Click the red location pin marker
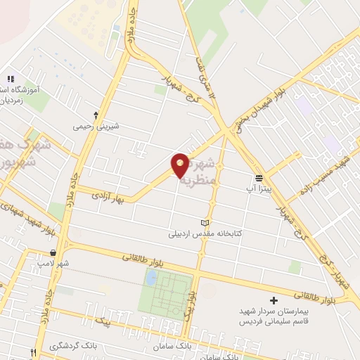click(x=180, y=165)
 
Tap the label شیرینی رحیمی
click(x=96, y=127)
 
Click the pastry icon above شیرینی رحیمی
click(x=96, y=115)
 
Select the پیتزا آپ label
click(x=259, y=188)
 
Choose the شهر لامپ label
click(x=53, y=263)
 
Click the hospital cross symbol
click(x=274, y=300)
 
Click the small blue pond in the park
click(x=150, y=278)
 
